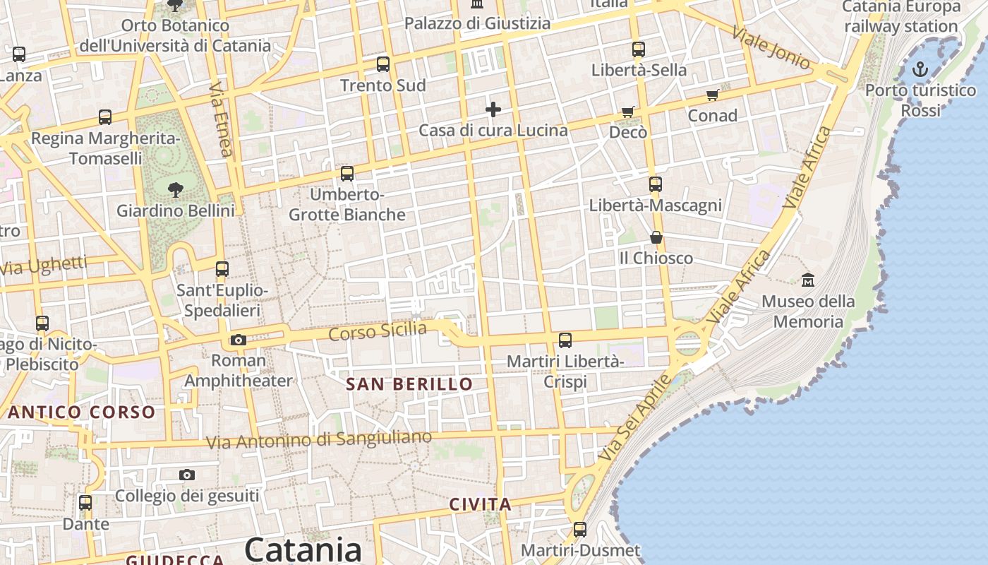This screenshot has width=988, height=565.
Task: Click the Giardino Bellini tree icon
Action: (176, 189)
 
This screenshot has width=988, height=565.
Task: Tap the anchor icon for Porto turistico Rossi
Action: (920, 69)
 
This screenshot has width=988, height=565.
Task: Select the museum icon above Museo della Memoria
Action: (808, 280)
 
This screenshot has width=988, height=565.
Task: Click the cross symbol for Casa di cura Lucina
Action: (493, 109)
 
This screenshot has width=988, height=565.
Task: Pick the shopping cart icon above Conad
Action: (712, 95)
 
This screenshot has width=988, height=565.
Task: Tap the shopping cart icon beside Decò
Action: (628, 111)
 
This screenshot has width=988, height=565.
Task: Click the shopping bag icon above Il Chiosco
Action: (656, 237)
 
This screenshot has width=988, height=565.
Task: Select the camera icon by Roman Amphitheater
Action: (239, 340)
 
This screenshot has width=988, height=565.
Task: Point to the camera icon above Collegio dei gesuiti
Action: (187, 475)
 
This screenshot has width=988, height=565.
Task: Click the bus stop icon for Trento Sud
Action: (383, 64)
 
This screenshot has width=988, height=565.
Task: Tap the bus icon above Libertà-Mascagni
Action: (656, 184)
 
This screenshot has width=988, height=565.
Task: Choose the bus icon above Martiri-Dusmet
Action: (580, 529)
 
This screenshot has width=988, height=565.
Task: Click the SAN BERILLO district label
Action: (409, 384)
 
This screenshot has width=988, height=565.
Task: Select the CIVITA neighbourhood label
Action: (480, 504)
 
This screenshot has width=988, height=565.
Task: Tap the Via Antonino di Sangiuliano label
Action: (318, 439)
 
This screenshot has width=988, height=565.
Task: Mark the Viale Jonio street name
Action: (771, 48)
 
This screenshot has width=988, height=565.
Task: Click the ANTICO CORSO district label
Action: (81, 412)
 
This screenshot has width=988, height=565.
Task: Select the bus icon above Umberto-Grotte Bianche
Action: (347, 173)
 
